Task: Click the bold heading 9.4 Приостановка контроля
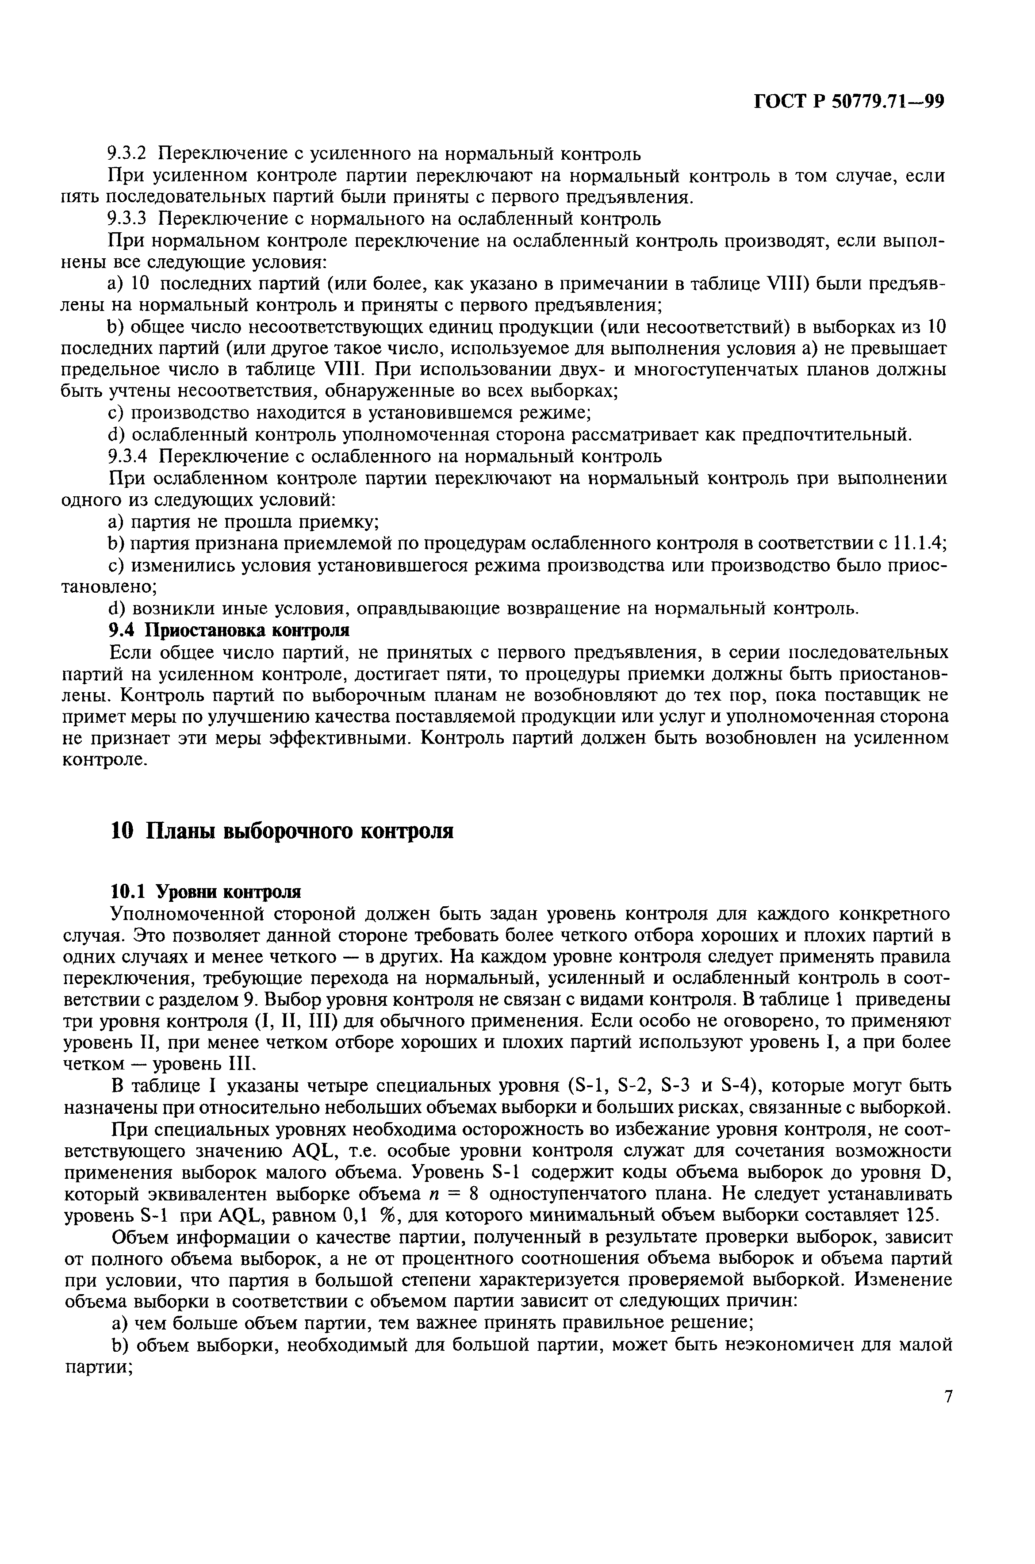(228, 630)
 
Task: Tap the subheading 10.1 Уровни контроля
(205, 892)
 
